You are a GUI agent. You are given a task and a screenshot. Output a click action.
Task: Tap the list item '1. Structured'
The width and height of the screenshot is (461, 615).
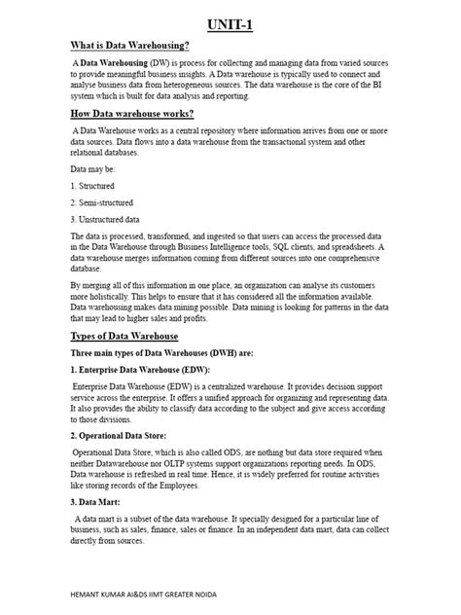point(92,185)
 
